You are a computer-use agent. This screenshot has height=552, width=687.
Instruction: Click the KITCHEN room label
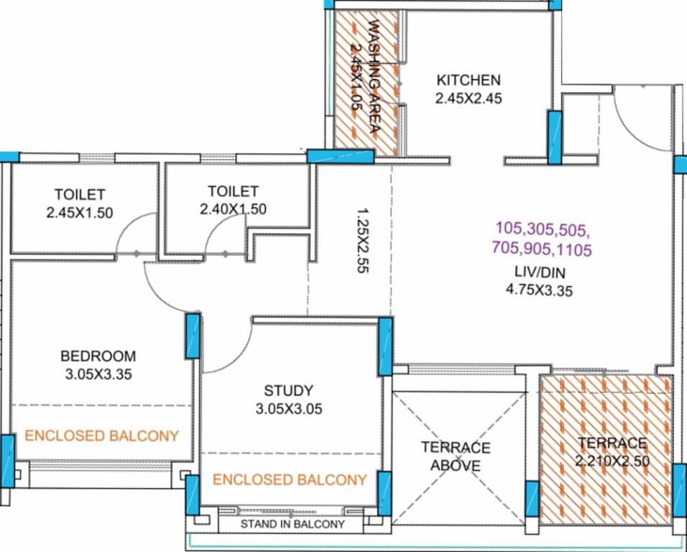click(x=469, y=79)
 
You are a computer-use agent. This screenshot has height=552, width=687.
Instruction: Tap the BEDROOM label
click(x=98, y=356)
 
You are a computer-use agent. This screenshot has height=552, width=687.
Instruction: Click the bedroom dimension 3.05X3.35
click(x=98, y=374)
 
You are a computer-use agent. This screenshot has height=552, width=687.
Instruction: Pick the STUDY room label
click(x=288, y=391)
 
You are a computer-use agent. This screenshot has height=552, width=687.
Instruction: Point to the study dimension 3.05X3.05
click(x=288, y=410)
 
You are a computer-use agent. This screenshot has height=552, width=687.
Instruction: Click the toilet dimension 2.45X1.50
click(x=80, y=212)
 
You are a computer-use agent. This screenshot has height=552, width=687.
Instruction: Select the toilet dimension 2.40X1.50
click(x=233, y=209)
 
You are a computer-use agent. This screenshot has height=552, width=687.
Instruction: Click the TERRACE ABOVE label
click(x=456, y=456)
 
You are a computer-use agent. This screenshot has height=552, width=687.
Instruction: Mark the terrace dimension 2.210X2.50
click(x=611, y=461)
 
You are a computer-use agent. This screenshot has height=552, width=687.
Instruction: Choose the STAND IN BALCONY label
click(x=292, y=524)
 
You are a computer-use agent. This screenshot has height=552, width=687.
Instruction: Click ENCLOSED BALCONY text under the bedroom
click(x=101, y=436)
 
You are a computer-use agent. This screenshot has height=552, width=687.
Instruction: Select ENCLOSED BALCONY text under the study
click(x=290, y=479)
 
